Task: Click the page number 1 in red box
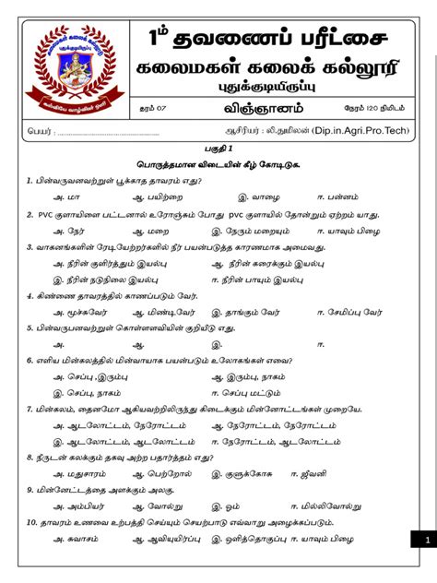tap(427, 541)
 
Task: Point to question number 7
tap(30, 408)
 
